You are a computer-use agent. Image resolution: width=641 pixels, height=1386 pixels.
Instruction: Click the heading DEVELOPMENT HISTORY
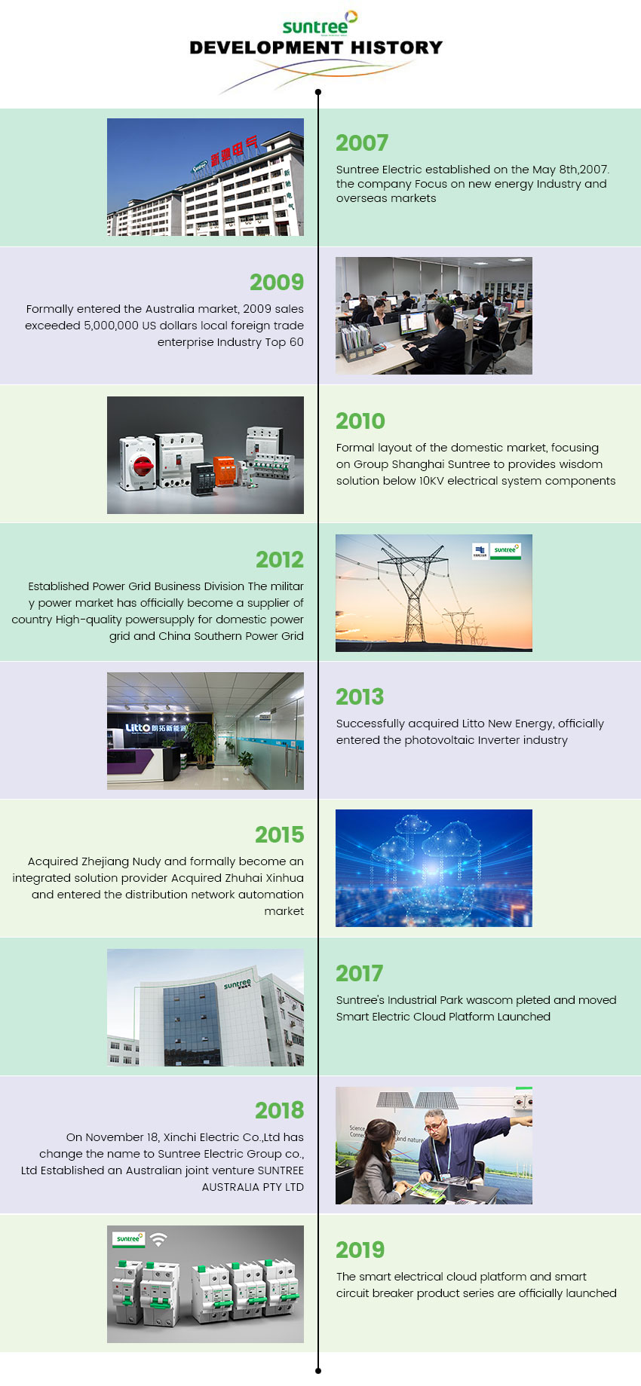pos(316,47)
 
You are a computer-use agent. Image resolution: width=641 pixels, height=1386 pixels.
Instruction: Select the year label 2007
pos(362,142)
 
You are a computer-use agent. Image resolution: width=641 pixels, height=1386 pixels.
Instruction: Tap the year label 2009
pos(277,282)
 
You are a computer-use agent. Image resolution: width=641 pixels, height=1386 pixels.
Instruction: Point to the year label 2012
pos(280,559)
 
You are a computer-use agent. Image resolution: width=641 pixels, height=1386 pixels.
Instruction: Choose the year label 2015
pos(279,834)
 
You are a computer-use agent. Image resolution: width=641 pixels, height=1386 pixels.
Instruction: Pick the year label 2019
pos(360,1250)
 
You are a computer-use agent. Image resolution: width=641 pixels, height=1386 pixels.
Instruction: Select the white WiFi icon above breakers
pos(158,1238)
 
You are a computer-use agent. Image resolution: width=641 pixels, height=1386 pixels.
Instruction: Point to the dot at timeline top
pos(318,92)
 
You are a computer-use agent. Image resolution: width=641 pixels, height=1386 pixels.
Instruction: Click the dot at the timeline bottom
pos(318,1370)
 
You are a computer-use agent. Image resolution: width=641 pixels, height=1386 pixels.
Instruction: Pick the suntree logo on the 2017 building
pos(238,984)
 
